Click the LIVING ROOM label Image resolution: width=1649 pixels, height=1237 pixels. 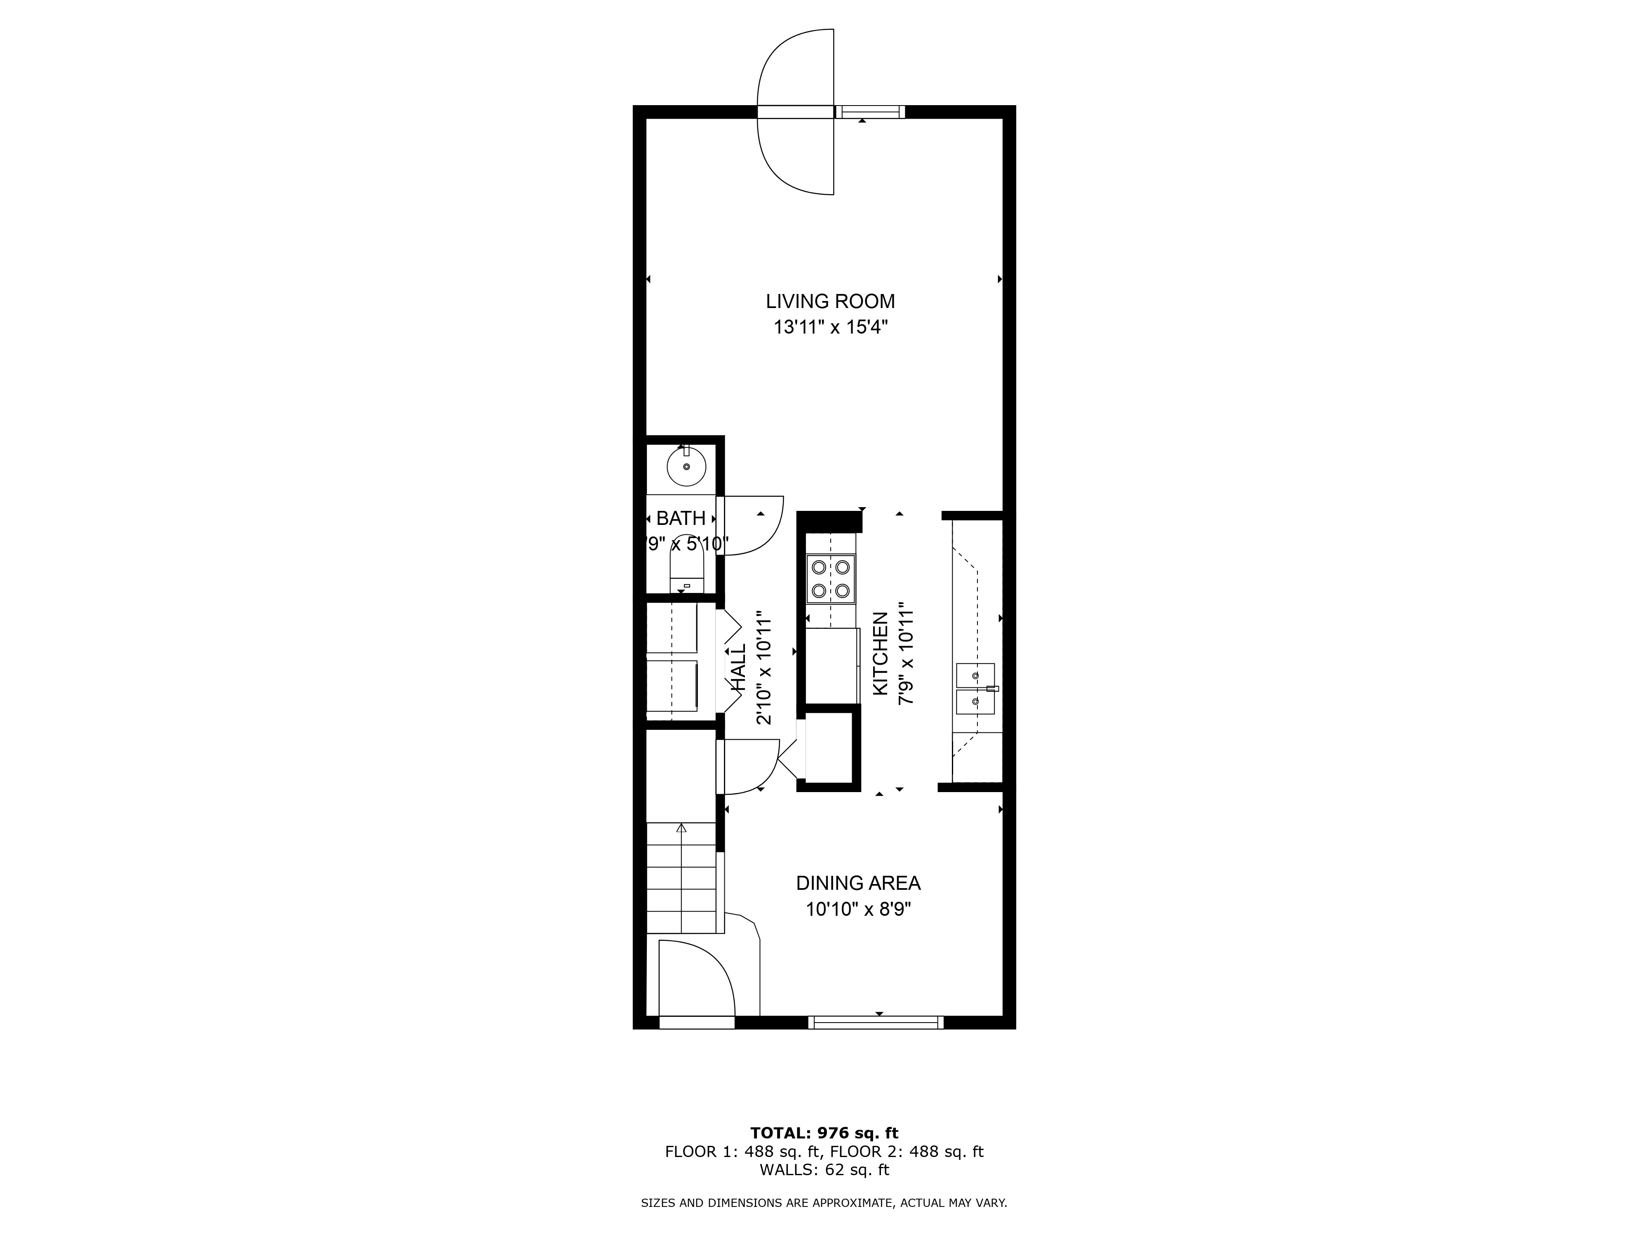[x=830, y=301]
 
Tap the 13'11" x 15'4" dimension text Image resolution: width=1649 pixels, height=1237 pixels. [x=830, y=327]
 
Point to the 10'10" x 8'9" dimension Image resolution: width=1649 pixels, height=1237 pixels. [x=858, y=910]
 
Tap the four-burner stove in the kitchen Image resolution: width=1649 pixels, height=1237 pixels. [x=830, y=579]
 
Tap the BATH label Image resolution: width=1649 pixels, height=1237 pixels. [x=681, y=518]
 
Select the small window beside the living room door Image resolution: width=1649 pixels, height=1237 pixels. [x=869, y=112]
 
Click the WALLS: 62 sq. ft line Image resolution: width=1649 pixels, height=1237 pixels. [x=824, y=1169]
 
